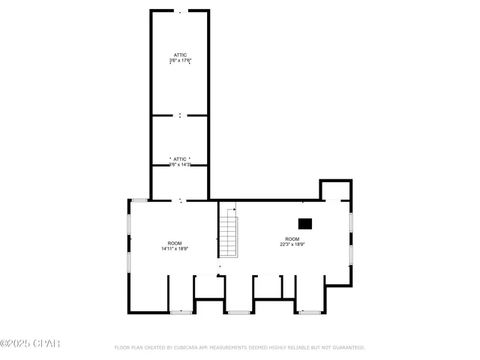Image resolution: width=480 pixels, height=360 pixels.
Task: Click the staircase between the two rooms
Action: pos(229,235)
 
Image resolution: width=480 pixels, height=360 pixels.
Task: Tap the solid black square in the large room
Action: pos(305,223)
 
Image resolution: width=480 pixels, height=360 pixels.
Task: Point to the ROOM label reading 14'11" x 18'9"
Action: pos(174,245)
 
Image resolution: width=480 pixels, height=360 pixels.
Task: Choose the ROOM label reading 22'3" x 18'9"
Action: pos(292,241)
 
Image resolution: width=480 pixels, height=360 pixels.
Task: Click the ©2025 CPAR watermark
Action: pos(29,344)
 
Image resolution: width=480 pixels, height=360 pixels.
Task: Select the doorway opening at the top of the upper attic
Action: pos(180,11)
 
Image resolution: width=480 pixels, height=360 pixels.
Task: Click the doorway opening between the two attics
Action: pos(180,115)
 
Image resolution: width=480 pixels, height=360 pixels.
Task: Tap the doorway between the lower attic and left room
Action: pos(180,200)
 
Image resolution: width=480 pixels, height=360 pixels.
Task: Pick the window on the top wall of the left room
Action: pos(139,199)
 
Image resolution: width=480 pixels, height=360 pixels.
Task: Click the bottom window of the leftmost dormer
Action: pos(181,312)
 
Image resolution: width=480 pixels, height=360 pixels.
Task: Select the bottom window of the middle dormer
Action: pos(238,312)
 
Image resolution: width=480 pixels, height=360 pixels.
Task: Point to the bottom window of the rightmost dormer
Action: pos(309,312)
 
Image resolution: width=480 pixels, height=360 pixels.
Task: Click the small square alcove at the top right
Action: pos(335,190)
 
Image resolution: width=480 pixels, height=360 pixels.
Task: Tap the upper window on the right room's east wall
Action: pos(351,222)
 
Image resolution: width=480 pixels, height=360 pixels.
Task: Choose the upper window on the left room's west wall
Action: pos(128,223)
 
